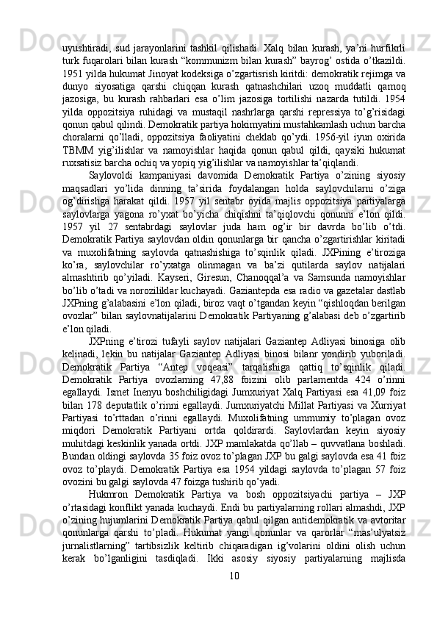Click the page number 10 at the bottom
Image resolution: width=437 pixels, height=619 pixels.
click(x=235, y=593)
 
